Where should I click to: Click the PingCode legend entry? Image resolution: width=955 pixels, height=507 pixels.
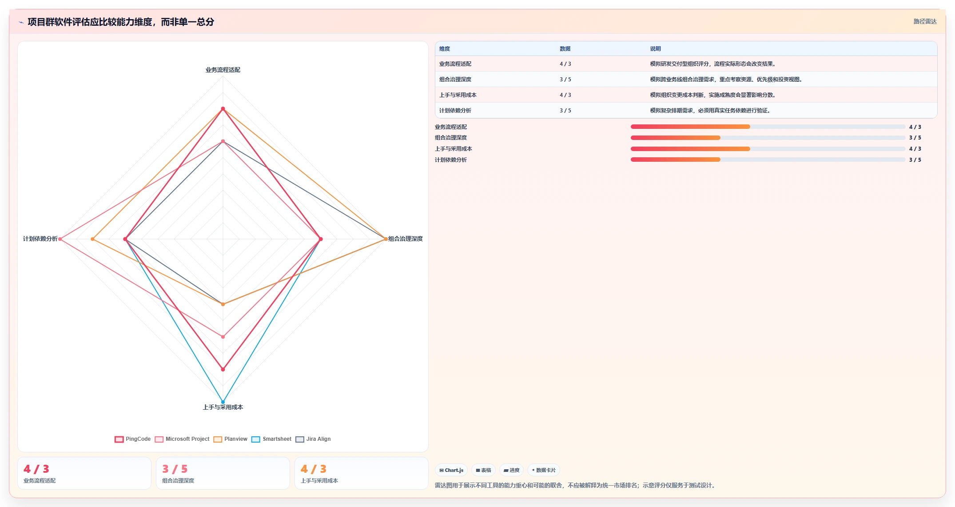coord(133,439)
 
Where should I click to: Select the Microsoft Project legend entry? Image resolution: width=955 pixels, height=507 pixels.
coord(182,439)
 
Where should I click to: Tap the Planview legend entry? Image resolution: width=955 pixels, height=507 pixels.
coord(231,439)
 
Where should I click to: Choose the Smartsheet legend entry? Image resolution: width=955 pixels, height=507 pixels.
coord(271,439)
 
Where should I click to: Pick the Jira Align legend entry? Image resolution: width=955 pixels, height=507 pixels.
coord(313,439)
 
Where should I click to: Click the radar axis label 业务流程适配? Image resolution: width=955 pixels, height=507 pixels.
coord(223,70)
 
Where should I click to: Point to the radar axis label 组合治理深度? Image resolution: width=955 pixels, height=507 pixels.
coord(406,239)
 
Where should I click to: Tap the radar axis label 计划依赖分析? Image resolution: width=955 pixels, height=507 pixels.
coord(40,239)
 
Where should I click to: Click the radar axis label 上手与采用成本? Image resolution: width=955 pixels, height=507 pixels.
coord(223,407)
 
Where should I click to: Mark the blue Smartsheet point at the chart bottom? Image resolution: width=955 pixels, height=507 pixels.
coord(223,402)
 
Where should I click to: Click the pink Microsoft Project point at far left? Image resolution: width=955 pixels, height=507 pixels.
coord(60,239)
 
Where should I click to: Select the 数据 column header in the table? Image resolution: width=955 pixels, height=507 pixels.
coord(565,49)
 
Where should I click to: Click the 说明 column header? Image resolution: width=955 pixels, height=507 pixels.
coord(656,49)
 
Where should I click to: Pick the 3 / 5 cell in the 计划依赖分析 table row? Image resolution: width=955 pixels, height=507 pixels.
coord(565,111)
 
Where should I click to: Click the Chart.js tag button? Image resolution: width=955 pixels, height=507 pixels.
coord(451,470)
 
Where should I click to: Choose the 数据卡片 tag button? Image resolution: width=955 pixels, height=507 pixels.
coord(544,470)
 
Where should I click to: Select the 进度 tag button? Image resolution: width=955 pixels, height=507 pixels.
coord(512,470)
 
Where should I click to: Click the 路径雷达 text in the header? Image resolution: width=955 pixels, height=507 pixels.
coord(925,21)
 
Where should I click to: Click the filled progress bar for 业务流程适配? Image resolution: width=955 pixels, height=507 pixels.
coord(690,127)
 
